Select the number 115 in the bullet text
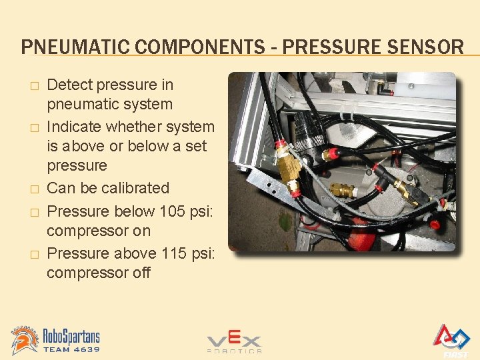click(x=178, y=253)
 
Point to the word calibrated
click(x=135, y=188)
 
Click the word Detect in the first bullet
click(x=71, y=85)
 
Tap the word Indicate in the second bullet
click(x=74, y=127)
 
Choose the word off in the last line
click(x=141, y=273)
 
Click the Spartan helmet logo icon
click(x=25, y=339)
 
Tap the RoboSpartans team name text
click(x=71, y=334)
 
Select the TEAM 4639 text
click(x=71, y=349)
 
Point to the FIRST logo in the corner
click(x=451, y=339)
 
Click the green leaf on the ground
click(x=285, y=221)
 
